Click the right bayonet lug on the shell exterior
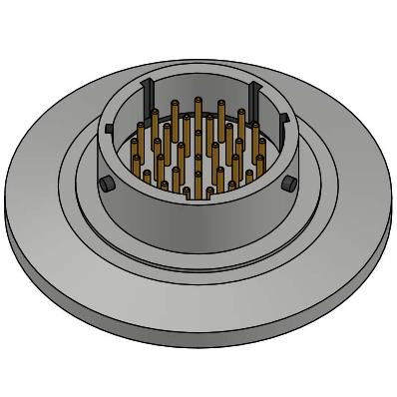[x=288, y=182]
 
